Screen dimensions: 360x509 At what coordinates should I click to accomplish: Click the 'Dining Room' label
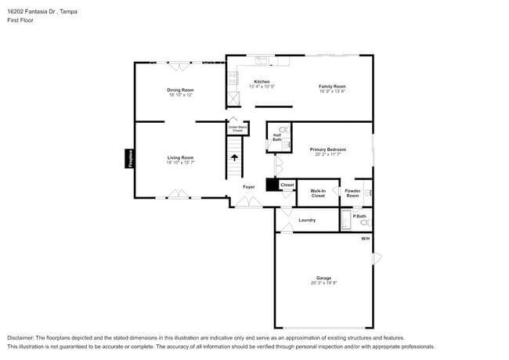coord(180,90)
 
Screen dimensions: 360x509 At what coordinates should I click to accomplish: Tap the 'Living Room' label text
coord(180,157)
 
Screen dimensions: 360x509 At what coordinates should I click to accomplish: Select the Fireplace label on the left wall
coord(130,158)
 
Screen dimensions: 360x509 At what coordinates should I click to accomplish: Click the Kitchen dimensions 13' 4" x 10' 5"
coord(262,87)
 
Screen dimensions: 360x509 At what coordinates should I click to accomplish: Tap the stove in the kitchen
coord(233,77)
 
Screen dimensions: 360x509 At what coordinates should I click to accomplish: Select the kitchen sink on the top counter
coord(262,59)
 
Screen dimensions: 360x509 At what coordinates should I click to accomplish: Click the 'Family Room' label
coord(332,86)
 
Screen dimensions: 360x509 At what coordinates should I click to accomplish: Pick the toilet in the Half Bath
coord(283,130)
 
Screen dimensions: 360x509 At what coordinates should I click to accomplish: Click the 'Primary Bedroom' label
coord(327,149)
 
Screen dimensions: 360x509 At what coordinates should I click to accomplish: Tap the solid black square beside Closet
coord(272,185)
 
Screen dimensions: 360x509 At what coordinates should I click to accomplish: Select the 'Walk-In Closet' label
coord(317,193)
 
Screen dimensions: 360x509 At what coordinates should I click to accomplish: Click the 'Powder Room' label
coord(352,193)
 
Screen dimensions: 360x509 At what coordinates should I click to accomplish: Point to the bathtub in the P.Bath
coord(346,220)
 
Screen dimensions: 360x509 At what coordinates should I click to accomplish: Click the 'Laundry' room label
coord(307,220)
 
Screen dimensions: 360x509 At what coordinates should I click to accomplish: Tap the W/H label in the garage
coord(365,238)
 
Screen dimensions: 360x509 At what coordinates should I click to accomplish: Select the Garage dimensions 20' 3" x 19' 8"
coord(323,283)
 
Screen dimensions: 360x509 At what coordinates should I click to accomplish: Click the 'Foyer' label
coord(248,187)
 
